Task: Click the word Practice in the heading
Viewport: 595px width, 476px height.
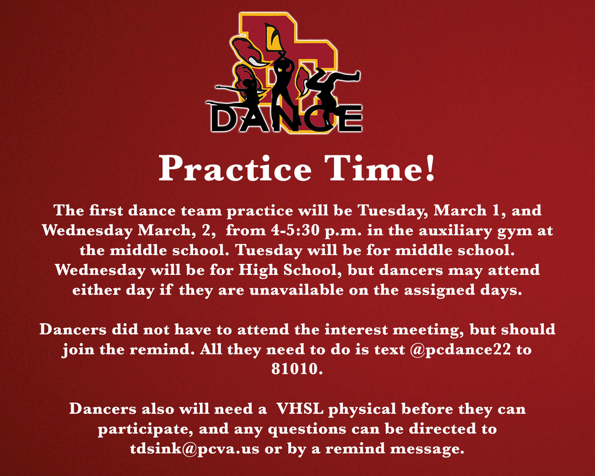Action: [x=235, y=169]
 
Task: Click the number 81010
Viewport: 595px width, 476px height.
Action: [x=297, y=369]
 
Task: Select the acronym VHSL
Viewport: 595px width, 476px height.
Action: [x=300, y=409]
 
